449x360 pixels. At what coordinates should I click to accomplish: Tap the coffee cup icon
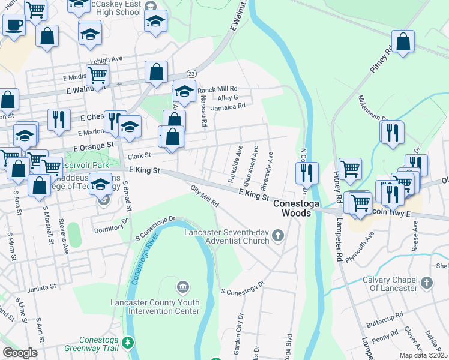point(14,25)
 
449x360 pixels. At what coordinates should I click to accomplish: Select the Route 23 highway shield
point(191,73)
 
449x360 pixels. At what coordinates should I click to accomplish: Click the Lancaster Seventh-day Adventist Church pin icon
point(277,235)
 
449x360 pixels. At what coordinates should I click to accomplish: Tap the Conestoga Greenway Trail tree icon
point(127,343)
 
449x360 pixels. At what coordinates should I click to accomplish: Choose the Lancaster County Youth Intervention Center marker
point(183,287)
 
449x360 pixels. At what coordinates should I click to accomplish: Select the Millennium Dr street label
point(372,109)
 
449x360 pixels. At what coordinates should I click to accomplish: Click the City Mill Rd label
point(204,197)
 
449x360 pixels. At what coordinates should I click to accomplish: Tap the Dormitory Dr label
point(111,226)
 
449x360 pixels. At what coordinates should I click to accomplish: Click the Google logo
point(20,353)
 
